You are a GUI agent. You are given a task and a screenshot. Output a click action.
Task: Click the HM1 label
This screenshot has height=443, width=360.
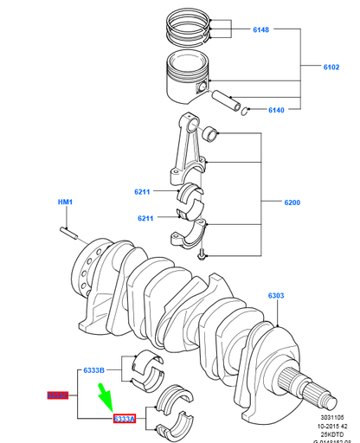click(x=66, y=202)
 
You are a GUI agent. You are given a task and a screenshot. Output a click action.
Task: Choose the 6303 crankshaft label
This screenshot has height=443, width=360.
click(x=276, y=296)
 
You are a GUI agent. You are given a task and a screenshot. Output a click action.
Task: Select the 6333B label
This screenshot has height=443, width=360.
click(x=93, y=370)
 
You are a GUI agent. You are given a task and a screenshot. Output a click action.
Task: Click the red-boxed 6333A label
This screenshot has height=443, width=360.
click(x=125, y=419)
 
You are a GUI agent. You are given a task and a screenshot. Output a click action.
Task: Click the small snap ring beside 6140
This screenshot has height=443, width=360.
click(x=246, y=109)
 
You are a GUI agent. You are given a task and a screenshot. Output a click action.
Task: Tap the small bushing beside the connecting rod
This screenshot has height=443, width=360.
click(x=210, y=134)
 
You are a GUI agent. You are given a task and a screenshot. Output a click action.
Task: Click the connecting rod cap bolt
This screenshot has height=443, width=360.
click(x=201, y=253)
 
